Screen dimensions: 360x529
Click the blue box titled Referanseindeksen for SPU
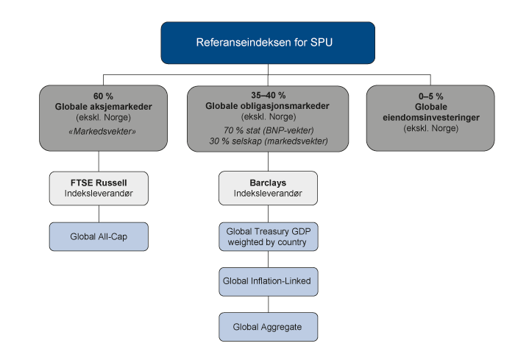pyautogui.click(x=267, y=43)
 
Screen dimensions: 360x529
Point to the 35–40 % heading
pyautogui.click(x=268, y=96)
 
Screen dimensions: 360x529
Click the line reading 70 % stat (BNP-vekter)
pyautogui.click(x=268, y=130)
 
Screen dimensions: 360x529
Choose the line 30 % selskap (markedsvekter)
pyautogui.click(x=268, y=141)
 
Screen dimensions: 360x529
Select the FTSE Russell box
pyautogui.click(x=99, y=188)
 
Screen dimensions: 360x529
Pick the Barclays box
pyautogui.click(x=268, y=188)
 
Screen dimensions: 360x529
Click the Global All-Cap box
pyautogui.click(x=99, y=236)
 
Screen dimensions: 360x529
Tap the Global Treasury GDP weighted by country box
pyautogui.click(x=268, y=237)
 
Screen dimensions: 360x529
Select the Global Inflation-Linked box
pyautogui.click(x=268, y=281)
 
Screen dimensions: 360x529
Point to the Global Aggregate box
pyautogui.click(x=268, y=326)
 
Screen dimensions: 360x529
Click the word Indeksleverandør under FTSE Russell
pyautogui.click(x=99, y=194)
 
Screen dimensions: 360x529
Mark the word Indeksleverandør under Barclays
pyautogui.click(x=268, y=194)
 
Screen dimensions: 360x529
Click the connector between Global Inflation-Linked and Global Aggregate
pyautogui.click(x=268, y=304)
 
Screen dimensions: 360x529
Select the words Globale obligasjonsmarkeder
pyautogui.click(x=268, y=106)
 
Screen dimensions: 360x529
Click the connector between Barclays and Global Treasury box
pyautogui.click(x=268, y=213)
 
